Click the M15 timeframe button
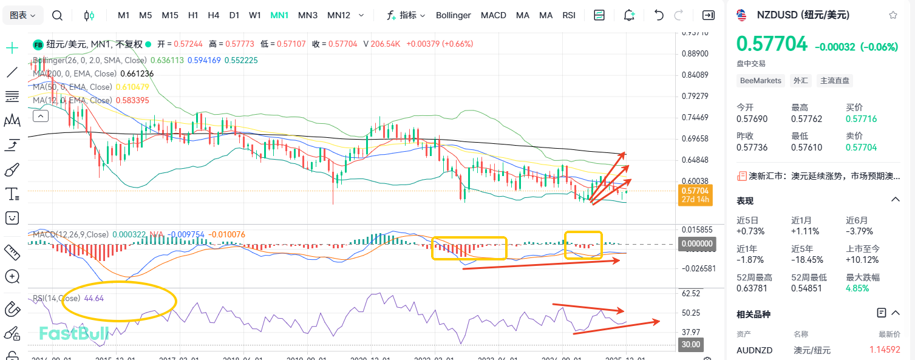click(x=170, y=15)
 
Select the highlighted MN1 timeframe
click(x=279, y=15)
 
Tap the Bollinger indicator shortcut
click(x=453, y=15)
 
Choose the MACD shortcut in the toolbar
click(x=493, y=15)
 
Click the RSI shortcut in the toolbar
click(x=569, y=15)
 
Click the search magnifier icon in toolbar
click(x=57, y=15)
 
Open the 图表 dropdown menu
click(x=23, y=15)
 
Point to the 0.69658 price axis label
click(x=695, y=139)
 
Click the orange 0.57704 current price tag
click(x=695, y=191)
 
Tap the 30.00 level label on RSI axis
click(x=692, y=345)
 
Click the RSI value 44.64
click(x=94, y=298)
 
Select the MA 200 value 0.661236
click(x=137, y=73)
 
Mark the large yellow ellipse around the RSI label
click(x=119, y=301)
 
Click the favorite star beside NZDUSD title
click(x=893, y=15)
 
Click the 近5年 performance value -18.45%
click(x=807, y=260)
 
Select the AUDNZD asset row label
click(x=753, y=350)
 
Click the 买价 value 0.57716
click(x=862, y=119)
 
